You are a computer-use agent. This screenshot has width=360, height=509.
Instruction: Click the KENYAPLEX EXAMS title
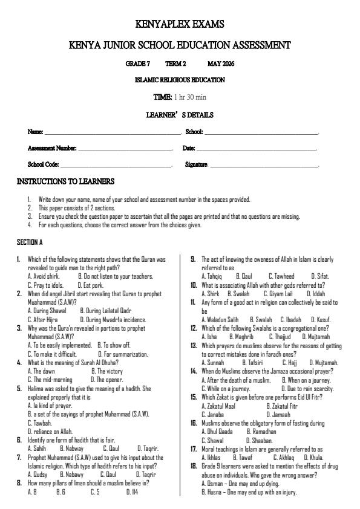[x=180, y=25]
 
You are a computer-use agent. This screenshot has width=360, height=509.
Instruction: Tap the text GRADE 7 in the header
[x=137, y=63]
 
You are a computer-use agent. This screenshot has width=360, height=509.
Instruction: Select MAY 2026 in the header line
[x=221, y=63]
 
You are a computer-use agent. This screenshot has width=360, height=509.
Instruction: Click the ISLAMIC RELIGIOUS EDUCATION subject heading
[x=180, y=80]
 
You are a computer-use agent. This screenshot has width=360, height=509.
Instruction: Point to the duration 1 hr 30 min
[x=190, y=97]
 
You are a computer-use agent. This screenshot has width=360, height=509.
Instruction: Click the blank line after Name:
[x=113, y=132]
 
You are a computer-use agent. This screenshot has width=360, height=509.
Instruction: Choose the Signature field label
[x=197, y=164]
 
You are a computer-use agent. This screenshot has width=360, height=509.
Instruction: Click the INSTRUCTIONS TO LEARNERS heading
[x=65, y=181]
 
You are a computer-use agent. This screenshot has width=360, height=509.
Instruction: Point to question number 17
[x=193, y=449]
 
